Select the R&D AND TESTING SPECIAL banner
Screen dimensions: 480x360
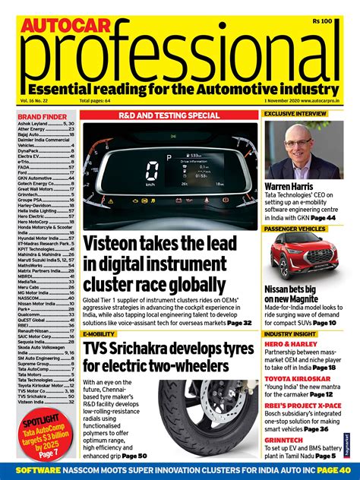click(168, 115)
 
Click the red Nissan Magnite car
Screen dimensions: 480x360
click(305, 256)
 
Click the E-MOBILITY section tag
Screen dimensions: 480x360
click(99, 333)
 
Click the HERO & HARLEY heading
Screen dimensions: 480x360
click(292, 345)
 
